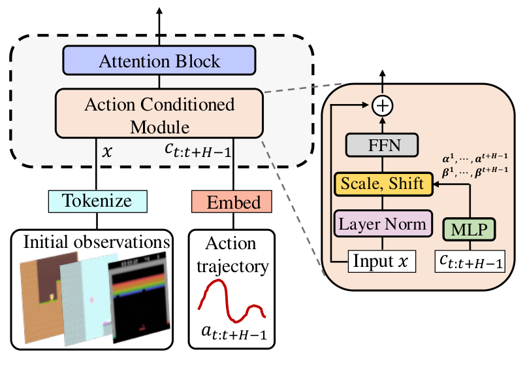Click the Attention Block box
(159, 61)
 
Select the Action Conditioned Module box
(159, 114)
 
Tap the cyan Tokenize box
(98, 201)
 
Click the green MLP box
(469, 229)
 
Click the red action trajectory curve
(232, 300)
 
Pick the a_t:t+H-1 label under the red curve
(234, 337)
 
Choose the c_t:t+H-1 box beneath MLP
(469, 263)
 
